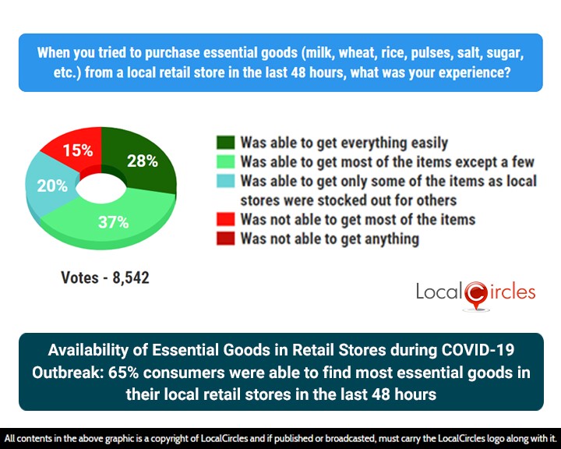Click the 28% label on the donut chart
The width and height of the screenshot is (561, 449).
point(143,161)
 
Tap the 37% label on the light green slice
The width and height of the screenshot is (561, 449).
point(114,222)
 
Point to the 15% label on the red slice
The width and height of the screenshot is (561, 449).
point(78,150)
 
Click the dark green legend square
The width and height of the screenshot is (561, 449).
point(225,143)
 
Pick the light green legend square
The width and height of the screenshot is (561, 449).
point(225,162)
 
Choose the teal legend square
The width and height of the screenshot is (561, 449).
point(225,182)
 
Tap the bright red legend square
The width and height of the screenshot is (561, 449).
point(225,220)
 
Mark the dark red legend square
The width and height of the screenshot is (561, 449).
point(225,239)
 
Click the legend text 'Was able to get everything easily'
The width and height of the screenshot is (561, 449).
point(344,143)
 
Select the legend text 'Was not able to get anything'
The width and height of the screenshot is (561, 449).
point(330,239)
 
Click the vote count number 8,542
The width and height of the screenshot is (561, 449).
point(130,277)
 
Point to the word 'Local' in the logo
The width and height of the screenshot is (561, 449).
point(439,292)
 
